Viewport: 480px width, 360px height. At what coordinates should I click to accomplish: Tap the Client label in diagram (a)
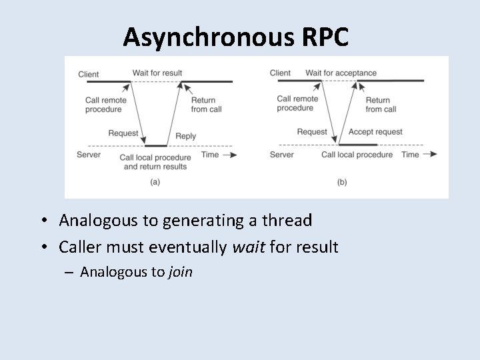coord(89,73)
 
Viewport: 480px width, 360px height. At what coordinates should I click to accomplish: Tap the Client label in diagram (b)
coord(280,73)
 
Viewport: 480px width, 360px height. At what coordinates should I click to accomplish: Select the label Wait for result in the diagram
coord(157,73)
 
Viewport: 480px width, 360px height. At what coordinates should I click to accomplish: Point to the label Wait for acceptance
coord(341,73)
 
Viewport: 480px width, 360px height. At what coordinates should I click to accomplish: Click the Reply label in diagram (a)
coord(185,136)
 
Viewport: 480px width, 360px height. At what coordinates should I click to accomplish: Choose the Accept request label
coord(375,132)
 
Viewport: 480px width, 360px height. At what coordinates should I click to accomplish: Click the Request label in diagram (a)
coord(123,133)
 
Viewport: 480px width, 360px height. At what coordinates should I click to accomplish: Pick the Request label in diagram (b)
coord(312,132)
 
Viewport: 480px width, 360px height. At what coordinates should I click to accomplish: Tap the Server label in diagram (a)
coord(89,154)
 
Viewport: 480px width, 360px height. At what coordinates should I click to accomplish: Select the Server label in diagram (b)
coord(281,155)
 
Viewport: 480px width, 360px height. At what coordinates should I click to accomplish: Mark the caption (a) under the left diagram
coord(155,181)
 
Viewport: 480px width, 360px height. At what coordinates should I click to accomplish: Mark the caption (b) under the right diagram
coord(342,181)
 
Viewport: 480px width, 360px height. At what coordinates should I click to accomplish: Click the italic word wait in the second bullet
coord(246,248)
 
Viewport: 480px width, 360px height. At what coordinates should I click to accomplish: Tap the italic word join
coord(180,271)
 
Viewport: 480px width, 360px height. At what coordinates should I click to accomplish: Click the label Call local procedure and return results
coord(155,162)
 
